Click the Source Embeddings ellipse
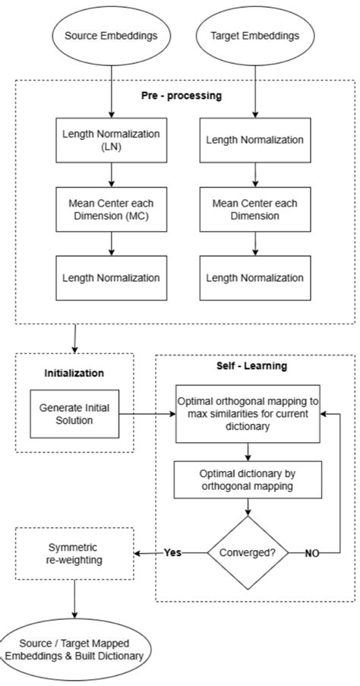coord(112,34)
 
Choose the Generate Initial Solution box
coord(74,414)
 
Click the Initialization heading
coord(74,373)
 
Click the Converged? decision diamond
coord(248,552)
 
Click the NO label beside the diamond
coord(311,553)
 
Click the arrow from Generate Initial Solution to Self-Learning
coord(148,415)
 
